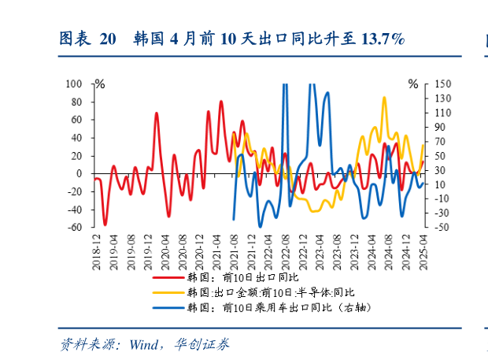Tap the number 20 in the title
click(x=107, y=39)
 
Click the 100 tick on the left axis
click(x=75, y=83)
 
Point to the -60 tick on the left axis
click(x=75, y=228)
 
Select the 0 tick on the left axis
click(x=79, y=173)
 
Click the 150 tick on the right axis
click(x=442, y=84)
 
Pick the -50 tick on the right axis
click(x=442, y=228)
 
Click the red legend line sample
click(x=171, y=278)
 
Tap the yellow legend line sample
click(x=171, y=292)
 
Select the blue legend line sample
click(x=171, y=307)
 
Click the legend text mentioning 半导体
click(x=261, y=292)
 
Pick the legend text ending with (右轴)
click(x=278, y=307)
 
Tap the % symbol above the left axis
click(x=99, y=83)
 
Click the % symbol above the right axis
click(x=413, y=83)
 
